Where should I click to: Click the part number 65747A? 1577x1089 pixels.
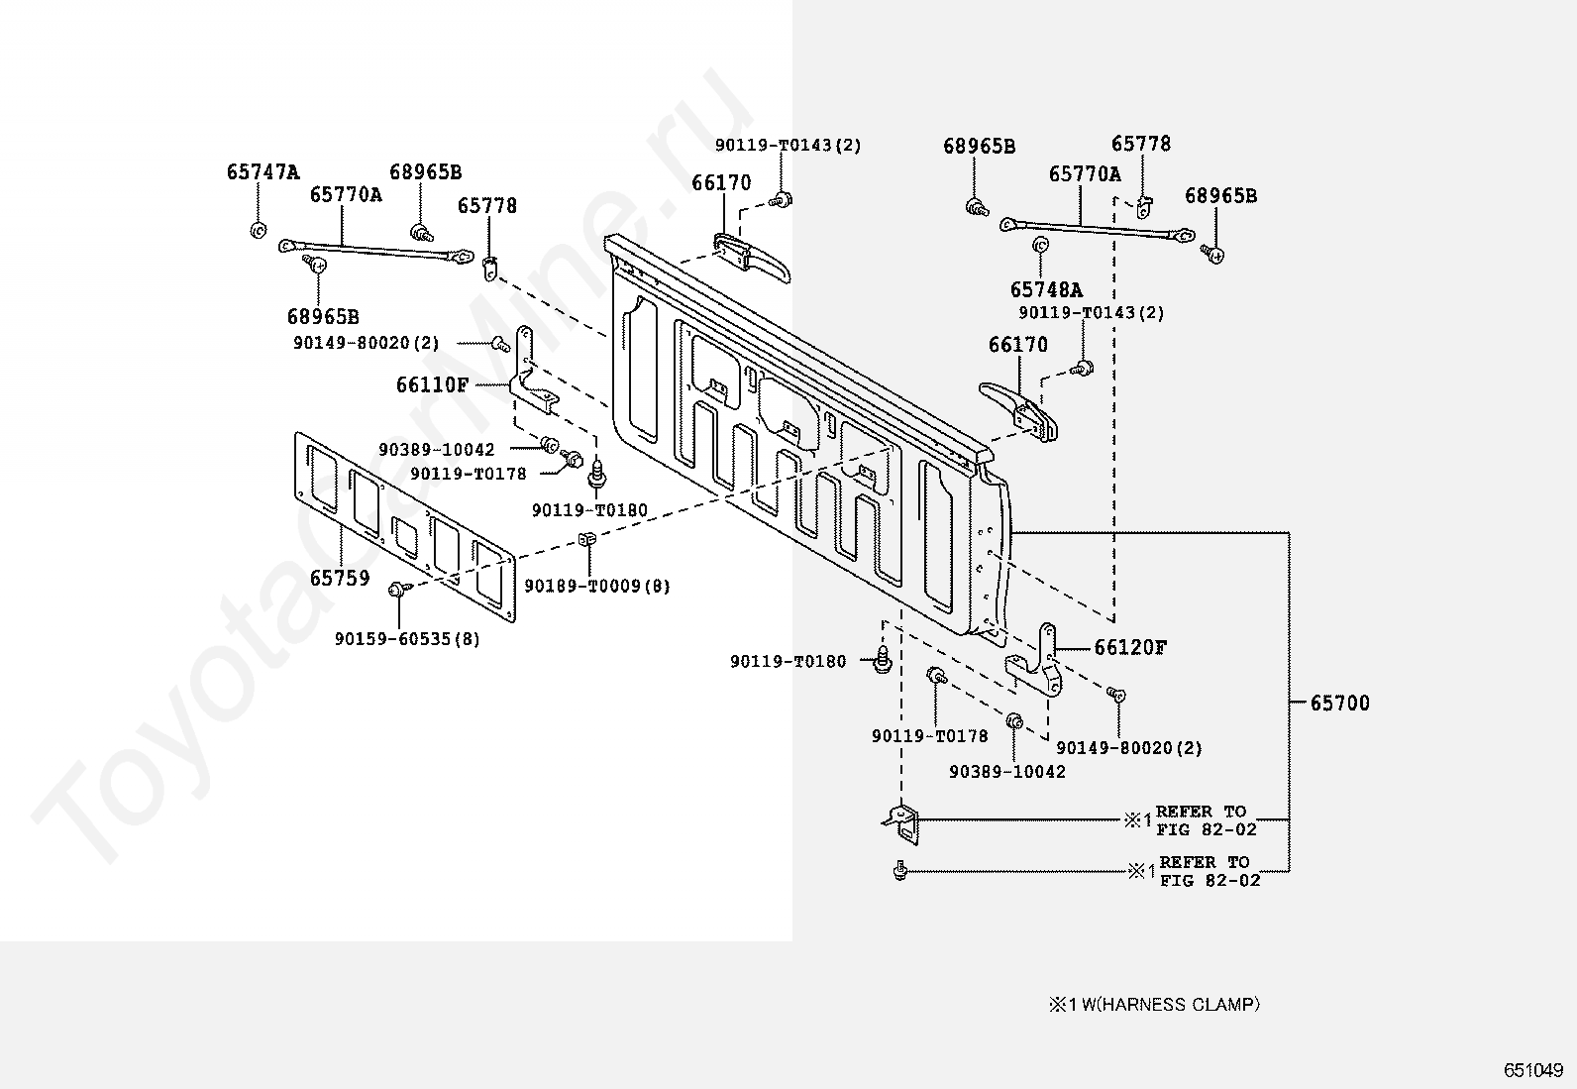click(x=263, y=171)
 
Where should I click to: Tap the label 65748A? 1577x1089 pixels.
click(x=1046, y=289)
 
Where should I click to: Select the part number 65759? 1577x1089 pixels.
click(x=340, y=578)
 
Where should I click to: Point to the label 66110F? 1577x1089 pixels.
click(x=432, y=384)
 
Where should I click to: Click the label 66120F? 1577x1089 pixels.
click(x=1130, y=647)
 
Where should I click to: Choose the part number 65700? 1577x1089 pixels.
click(x=1339, y=703)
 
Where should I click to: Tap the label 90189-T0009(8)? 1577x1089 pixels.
click(x=597, y=586)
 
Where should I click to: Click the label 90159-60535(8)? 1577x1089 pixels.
click(x=407, y=639)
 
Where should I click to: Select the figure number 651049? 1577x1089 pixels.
click(x=1533, y=1070)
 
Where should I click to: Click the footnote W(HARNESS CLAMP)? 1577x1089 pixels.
click(x=1171, y=1005)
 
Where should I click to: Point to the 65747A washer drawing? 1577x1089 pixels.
click(x=259, y=230)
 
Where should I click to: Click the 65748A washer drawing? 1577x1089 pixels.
click(x=1040, y=245)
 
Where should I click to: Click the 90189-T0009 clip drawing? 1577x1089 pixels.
click(x=585, y=539)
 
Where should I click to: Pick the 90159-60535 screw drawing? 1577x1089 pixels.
click(x=398, y=589)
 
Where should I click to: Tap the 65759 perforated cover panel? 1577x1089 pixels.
click(x=405, y=527)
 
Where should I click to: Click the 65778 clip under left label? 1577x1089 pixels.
click(x=490, y=269)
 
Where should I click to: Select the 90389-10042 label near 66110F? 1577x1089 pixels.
click(x=437, y=449)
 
